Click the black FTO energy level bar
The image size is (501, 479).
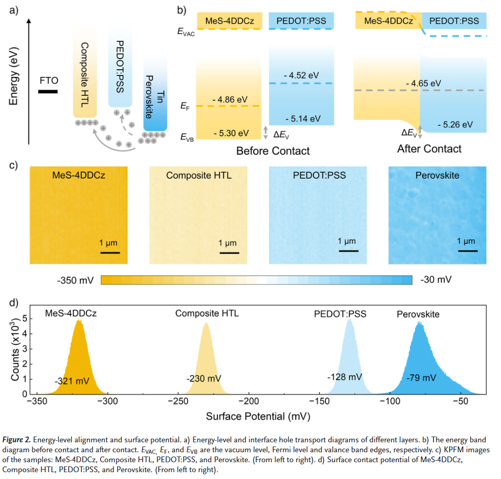[x=48, y=92]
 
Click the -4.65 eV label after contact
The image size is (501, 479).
[x=423, y=83]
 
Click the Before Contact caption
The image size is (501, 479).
[x=273, y=151]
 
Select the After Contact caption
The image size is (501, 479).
[x=429, y=149]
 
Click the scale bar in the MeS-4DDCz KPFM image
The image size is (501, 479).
[x=111, y=252]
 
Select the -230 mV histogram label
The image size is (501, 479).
[x=204, y=378]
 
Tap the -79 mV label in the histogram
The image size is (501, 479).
[x=421, y=377]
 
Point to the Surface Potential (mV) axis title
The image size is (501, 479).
[x=258, y=417]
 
